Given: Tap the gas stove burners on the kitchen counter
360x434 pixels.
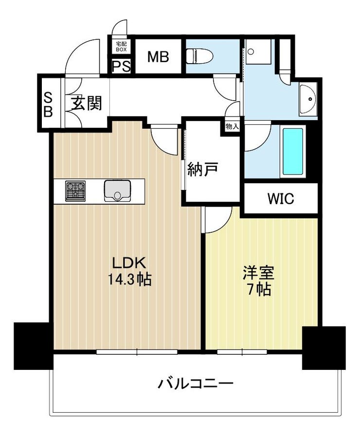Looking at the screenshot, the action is click(75, 191).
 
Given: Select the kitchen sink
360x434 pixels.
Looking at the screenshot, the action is click(118, 191).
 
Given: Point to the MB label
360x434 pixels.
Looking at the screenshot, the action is click(158, 57).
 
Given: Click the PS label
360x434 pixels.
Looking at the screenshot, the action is click(122, 67).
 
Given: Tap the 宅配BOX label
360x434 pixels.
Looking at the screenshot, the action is click(121, 47).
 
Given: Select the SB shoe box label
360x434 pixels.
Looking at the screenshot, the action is click(48, 104).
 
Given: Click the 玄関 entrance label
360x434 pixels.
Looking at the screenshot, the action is click(87, 103).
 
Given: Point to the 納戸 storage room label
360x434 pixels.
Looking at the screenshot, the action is click(203, 169).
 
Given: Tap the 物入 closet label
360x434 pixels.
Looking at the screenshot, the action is click(232, 127).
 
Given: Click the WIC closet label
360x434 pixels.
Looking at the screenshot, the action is click(281, 198).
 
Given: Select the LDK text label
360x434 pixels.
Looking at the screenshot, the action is click(129, 262).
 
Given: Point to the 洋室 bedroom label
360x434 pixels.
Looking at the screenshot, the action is click(259, 273).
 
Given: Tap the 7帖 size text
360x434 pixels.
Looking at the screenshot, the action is click(259, 290).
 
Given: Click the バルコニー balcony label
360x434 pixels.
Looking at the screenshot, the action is click(196, 383).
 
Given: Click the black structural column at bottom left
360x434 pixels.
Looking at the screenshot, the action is click(33, 346).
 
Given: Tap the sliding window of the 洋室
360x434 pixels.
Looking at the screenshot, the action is click(242, 352).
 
